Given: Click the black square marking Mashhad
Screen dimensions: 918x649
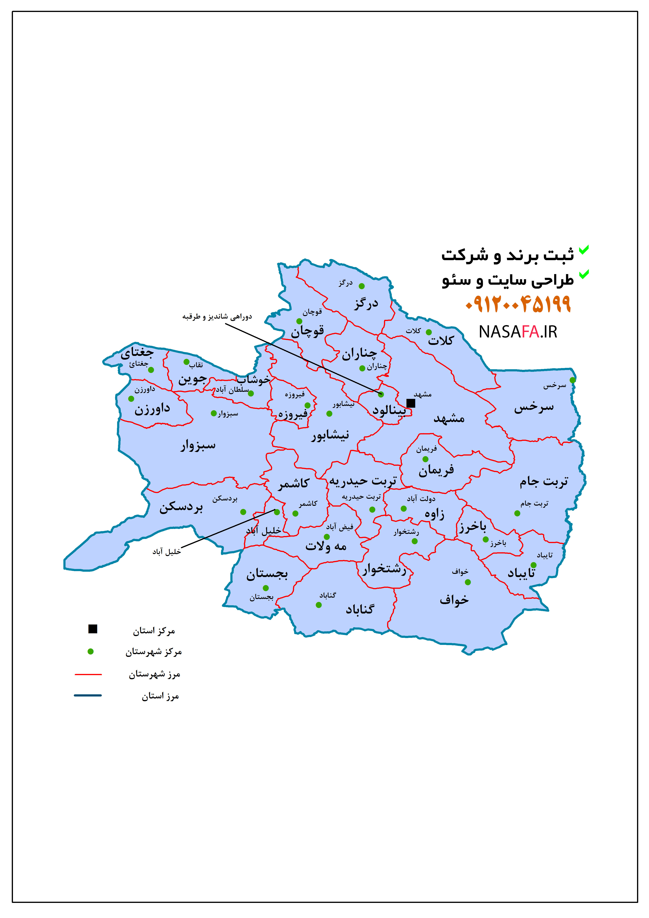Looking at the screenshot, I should (x=411, y=403).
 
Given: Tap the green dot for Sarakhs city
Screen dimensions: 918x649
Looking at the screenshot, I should (x=573, y=380).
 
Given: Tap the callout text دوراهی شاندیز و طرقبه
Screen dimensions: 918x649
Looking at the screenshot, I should (x=217, y=317).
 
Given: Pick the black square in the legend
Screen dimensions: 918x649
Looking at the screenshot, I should (x=93, y=629).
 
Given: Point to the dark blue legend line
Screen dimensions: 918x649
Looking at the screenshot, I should (x=88, y=695).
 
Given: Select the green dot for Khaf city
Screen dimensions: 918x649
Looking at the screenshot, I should (x=468, y=582).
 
